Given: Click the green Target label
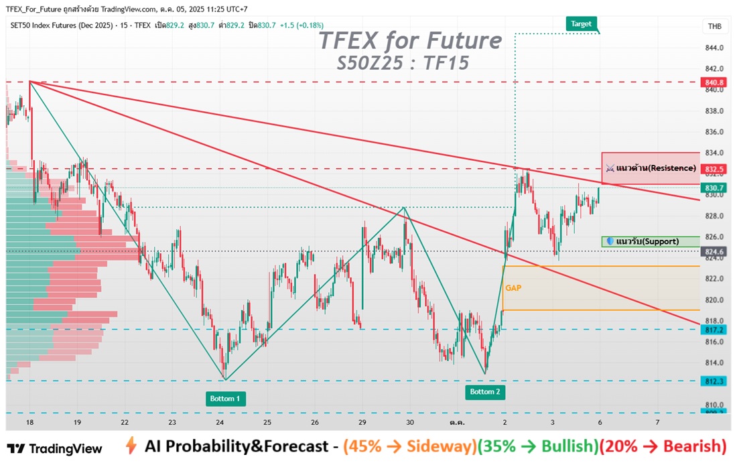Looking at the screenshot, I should [x=581, y=23].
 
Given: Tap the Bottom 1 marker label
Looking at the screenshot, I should [x=225, y=399].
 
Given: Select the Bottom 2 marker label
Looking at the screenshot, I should [x=484, y=392].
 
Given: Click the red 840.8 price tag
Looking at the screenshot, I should [x=715, y=82].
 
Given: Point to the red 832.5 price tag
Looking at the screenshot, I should [x=715, y=169].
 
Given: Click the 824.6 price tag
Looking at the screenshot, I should [x=715, y=252].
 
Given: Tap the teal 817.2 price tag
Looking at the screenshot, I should [x=715, y=330].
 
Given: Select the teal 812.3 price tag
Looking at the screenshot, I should [x=715, y=381].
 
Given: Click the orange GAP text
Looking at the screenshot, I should [x=513, y=288].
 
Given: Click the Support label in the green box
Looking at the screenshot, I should [x=657, y=241].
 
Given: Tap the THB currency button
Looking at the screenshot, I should [x=715, y=26].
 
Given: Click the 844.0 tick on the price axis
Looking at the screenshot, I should [x=714, y=48].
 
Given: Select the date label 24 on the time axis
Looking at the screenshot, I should [x=220, y=423].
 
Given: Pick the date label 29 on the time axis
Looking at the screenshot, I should [x=362, y=423].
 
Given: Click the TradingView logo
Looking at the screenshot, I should [x=55, y=449].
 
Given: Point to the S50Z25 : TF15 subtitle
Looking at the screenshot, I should [x=403, y=63].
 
